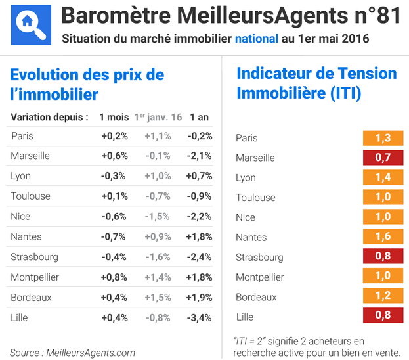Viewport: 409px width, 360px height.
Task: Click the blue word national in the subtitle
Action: coord(256,39)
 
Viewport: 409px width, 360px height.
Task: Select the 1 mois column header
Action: coord(114,117)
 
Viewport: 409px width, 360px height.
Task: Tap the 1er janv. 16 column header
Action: coord(158,117)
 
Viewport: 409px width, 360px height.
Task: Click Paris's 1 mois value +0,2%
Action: coord(114,136)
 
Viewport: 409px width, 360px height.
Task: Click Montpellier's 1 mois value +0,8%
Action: coord(114,277)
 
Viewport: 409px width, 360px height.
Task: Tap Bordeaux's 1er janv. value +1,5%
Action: coord(158,298)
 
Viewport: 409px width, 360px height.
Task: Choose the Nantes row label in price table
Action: coord(26,236)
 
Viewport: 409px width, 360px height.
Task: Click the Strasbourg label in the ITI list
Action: coord(259,258)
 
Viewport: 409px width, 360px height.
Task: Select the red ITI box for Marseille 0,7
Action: coord(383,158)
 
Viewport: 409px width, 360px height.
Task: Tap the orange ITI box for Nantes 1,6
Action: coord(383,236)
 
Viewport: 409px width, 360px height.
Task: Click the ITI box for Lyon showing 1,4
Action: coord(383,177)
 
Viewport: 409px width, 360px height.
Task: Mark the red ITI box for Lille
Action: coord(383,315)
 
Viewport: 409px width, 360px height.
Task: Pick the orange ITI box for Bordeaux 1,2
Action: coord(383,296)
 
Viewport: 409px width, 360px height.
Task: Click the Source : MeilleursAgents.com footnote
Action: coord(72,353)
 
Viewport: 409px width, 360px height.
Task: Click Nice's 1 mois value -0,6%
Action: coord(114,217)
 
